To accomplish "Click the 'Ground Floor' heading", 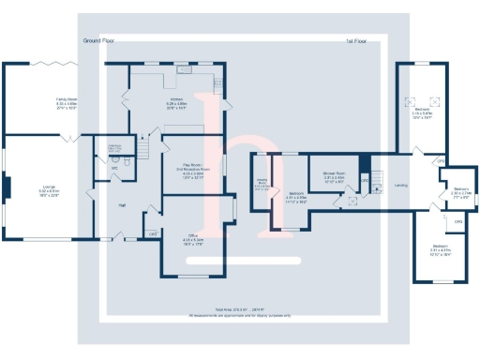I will [98, 41].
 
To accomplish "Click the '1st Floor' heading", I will [355, 41].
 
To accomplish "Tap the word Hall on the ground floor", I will [122, 203].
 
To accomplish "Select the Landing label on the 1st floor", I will [401, 185].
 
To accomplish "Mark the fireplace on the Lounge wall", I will [7, 188].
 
